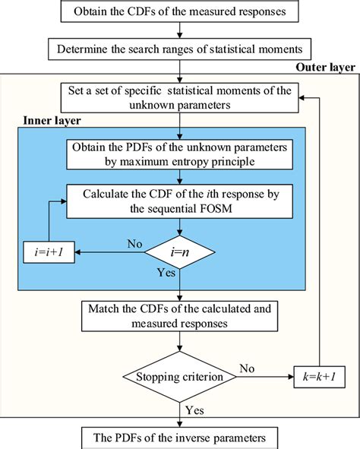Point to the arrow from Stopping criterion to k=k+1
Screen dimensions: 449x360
[262, 375]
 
